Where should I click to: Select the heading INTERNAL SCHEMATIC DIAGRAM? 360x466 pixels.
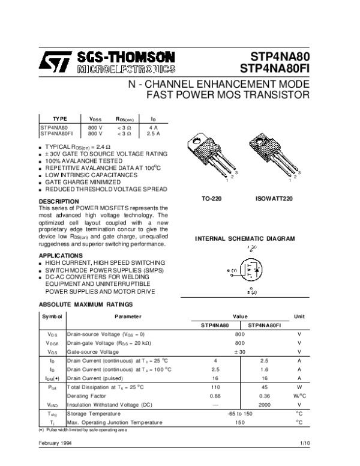point(245,238)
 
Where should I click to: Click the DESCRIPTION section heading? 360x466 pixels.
point(59,201)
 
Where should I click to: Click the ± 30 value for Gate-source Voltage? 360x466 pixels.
point(239,351)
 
